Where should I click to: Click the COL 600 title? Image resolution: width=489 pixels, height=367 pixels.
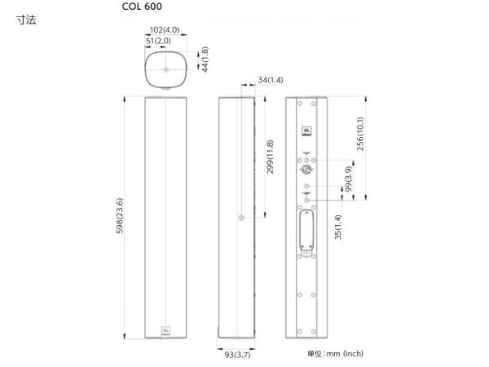pyautogui.click(x=142, y=7)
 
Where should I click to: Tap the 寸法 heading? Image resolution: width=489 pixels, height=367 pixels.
pyautogui.click(x=27, y=20)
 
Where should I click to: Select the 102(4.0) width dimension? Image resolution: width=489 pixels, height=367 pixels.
pyautogui.click(x=165, y=30)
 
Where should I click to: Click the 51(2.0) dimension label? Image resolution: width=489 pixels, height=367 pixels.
pyautogui.click(x=158, y=41)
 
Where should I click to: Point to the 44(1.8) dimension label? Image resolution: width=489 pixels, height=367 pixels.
pyautogui.click(x=205, y=60)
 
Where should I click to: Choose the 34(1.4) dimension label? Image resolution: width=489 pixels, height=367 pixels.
pyautogui.click(x=271, y=80)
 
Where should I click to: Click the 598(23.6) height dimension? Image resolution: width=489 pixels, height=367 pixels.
pyautogui.click(x=120, y=215)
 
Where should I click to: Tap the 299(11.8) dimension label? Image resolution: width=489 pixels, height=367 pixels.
pyautogui.click(x=270, y=157)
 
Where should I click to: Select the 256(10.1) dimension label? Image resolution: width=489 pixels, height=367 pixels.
pyautogui.click(x=360, y=134)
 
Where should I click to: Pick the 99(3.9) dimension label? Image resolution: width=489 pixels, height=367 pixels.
pyautogui.click(x=348, y=179)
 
